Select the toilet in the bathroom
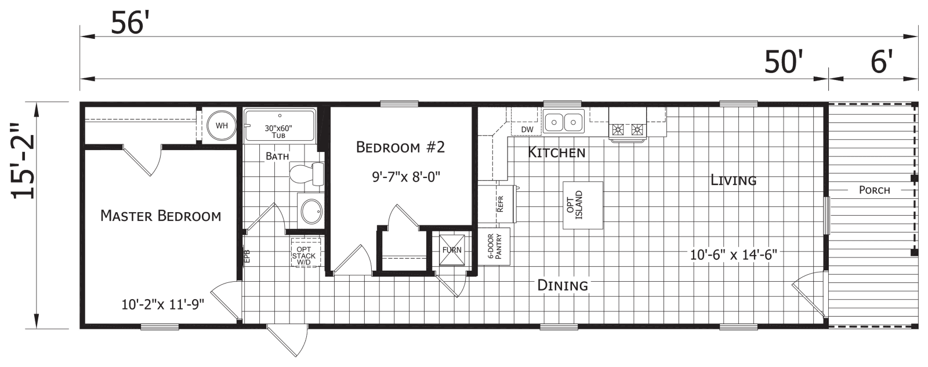click(x=307, y=173)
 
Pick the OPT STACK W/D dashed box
click(x=306, y=252)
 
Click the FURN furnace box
click(x=452, y=250)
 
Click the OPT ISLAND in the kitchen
click(x=582, y=205)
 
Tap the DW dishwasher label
click(x=527, y=129)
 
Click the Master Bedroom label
click(x=161, y=216)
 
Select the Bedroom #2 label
click(x=400, y=148)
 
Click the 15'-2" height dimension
click(x=24, y=169)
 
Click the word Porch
click(x=874, y=190)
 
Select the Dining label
click(x=563, y=285)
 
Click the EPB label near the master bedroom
click(x=247, y=256)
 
